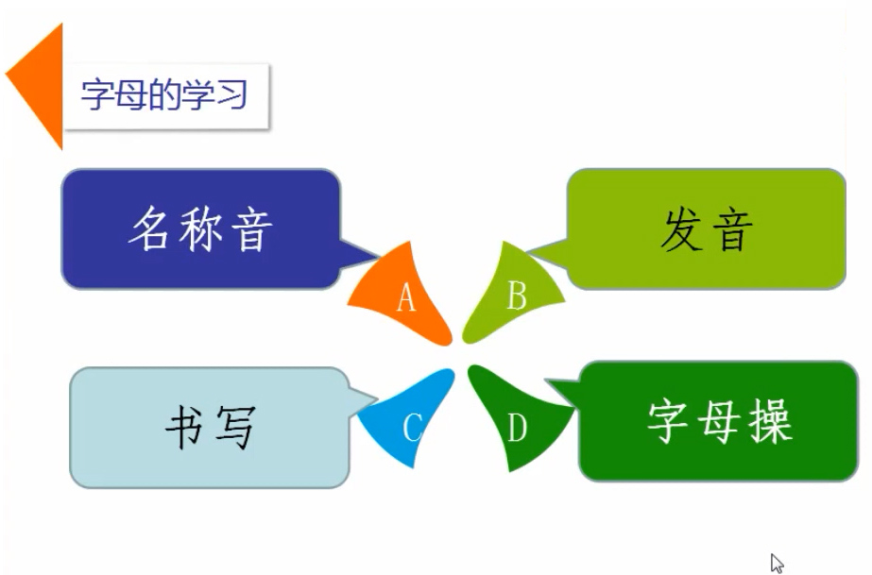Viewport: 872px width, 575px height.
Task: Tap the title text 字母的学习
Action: coord(164,95)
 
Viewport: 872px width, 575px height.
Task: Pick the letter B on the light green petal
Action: coord(517,295)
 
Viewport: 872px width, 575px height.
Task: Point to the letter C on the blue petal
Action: coord(412,428)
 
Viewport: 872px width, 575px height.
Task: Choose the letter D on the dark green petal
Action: coord(517,428)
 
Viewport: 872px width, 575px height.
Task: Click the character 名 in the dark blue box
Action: coord(148,228)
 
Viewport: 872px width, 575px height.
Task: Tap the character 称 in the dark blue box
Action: coord(200,228)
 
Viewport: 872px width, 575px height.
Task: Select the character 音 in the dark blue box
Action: coord(252,229)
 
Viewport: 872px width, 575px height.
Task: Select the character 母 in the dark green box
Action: coord(719,421)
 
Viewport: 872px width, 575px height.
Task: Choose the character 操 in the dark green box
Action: coord(770,421)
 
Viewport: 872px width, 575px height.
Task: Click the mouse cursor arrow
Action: coord(777,563)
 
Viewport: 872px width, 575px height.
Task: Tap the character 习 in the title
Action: coord(231,95)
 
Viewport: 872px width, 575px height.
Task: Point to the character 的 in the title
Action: coord(164,95)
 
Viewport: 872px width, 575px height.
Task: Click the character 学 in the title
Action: coord(198,95)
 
